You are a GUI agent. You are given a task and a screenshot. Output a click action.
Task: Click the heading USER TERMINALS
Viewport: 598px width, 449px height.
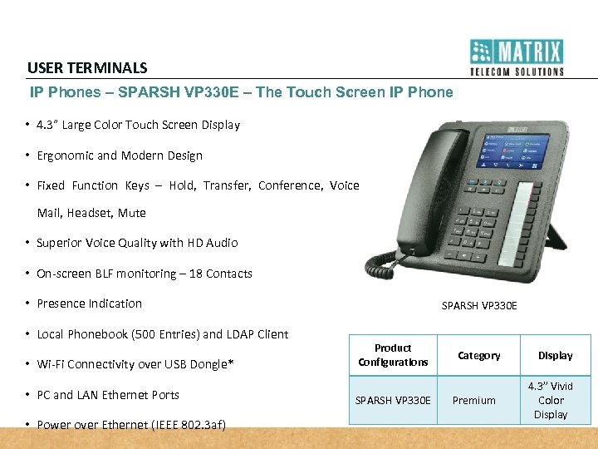click(87, 68)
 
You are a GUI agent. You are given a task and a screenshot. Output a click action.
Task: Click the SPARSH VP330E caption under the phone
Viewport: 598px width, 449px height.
click(479, 306)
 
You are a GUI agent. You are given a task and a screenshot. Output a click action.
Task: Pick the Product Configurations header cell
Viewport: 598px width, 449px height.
click(393, 355)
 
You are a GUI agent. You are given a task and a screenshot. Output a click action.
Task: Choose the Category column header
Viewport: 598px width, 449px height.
click(479, 356)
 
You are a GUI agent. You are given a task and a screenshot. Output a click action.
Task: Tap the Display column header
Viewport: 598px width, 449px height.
click(555, 356)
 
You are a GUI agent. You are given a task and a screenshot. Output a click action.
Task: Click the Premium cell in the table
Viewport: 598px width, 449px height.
click(474, 400)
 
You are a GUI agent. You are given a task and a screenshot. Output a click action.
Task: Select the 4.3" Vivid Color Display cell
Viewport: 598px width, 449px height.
click(552, 400)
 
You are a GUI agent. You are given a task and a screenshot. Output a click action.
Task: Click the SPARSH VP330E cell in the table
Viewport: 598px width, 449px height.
click(393, 400)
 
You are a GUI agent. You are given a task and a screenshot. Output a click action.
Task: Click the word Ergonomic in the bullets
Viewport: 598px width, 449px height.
click(66, 155)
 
